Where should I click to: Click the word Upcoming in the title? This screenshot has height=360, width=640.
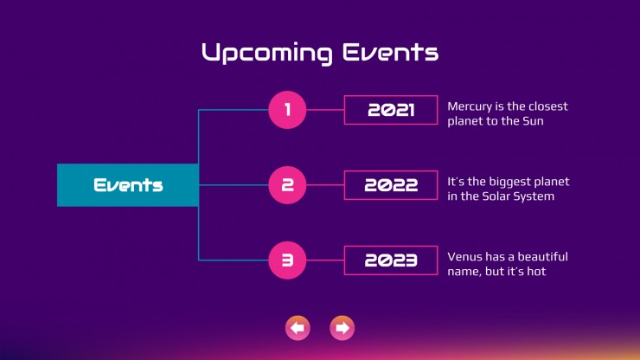click(x=267, y=53)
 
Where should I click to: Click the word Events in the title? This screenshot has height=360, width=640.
click(x=390, y=52)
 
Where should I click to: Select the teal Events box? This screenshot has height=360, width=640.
click(x=128, y=185)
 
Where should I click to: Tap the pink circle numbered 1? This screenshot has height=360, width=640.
click(x=287, y=110)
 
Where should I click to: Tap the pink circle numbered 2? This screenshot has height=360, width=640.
click(x=287, y=185)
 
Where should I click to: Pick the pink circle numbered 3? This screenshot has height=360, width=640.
click(x=287, y=260)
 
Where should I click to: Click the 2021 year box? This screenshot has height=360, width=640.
click(x=391, y=110)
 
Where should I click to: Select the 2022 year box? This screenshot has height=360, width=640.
click(x=391, y=185)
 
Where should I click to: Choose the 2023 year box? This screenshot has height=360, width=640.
click(x=391, y=260)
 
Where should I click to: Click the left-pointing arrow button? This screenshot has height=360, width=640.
click(x=298, y=328)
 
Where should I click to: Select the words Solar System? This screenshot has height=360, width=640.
click(x=518, y=196)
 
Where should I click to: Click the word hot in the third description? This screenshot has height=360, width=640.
click(x=536, y=272)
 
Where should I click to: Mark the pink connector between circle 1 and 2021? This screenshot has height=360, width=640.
click(x=325, y=110)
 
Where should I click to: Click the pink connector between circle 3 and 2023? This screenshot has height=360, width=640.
click(x=325, y=260)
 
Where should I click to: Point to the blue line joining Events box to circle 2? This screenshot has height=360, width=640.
click(x=234, y=185)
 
